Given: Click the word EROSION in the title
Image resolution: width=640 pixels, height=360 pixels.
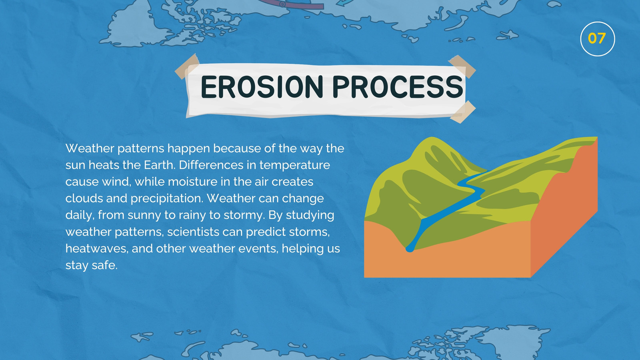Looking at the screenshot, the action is click(x=262, y=87).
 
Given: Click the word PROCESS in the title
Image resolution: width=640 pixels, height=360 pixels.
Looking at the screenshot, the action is click(x=398, y=87).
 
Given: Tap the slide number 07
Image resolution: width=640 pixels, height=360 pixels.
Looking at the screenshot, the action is click(x=597, y=38).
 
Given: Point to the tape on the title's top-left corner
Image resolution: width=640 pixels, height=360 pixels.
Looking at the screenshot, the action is click(x=187, y=66).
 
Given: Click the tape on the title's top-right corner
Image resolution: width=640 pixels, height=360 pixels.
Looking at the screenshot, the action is click(x=462, y=66).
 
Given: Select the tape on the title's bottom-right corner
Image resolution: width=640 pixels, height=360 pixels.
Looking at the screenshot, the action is click(x=463, y=112).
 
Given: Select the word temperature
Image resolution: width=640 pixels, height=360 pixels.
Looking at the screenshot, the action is click(x=294, y=166).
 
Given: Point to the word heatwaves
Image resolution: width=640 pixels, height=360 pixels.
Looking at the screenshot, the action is click(x=96, y=248).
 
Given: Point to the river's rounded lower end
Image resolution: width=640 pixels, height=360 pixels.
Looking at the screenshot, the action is click(x=410, y=249).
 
